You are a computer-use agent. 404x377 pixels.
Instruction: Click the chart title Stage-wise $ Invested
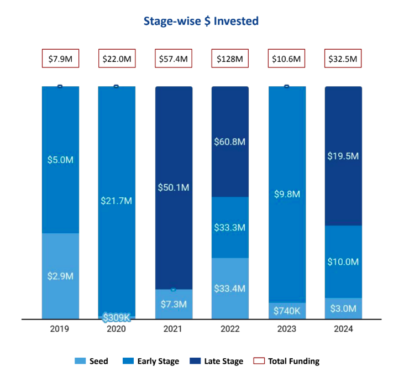point(201,22)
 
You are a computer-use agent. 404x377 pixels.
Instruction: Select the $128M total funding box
point(230,59)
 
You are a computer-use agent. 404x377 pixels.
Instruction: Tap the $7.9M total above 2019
point(60,59)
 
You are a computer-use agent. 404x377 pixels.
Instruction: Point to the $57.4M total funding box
point(173,59)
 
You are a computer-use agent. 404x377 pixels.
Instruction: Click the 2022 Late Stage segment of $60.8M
point(230,142)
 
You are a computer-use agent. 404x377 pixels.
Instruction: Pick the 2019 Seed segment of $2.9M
point(60,276)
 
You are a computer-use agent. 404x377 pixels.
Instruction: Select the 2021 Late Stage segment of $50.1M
point(174,188)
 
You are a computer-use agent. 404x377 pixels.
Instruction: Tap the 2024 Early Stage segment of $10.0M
point(343,261)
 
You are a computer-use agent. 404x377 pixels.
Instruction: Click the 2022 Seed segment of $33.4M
point(230,288)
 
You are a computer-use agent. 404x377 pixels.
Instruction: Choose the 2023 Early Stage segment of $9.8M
point(286,194)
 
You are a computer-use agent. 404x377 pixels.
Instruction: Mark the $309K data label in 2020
point(116,317)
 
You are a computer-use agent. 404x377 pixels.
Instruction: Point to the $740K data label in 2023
point(286,311)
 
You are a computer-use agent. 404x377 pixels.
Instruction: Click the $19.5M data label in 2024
point(343,156)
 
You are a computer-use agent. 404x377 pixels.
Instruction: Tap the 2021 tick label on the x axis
point(174,329)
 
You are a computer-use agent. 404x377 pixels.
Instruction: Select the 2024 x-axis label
point(343,329)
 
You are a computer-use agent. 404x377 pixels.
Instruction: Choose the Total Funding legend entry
point(293,362)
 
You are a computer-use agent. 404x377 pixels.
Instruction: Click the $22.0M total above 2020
point(117,59)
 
